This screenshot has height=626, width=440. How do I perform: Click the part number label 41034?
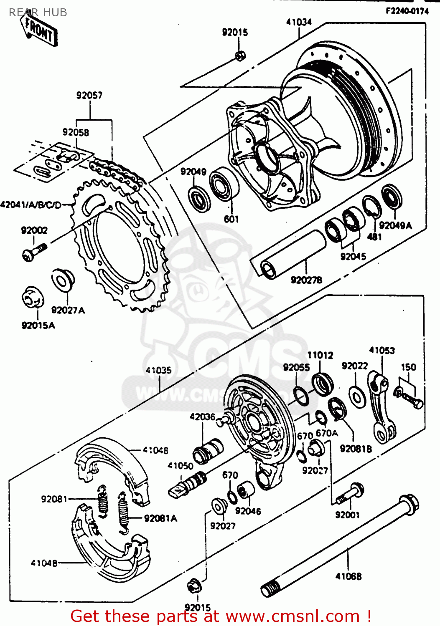point(299,22)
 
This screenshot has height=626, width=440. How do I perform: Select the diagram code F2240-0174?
point(407,11)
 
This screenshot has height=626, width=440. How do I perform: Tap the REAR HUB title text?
point(38,13)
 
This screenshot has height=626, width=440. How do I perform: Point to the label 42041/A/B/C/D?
point(31,205)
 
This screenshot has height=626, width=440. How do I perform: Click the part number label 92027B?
point(306,280)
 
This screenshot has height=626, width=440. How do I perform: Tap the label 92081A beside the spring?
point(160,518)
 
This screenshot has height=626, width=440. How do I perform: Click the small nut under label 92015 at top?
point(240,56)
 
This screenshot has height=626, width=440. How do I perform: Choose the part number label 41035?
point(158,370)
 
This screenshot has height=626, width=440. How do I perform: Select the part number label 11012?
point(320,355)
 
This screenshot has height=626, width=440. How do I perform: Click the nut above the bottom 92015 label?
point(194,586)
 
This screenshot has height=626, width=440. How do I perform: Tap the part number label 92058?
point(76,132)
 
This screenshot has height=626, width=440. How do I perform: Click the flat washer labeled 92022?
point(357,396)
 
